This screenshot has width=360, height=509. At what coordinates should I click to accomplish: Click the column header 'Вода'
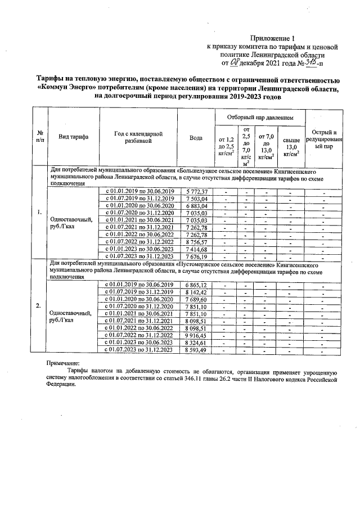[196, 138]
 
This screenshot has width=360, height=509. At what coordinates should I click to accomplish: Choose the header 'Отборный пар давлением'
[260, 118]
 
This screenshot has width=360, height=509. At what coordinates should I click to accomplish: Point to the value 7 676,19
[196, 256]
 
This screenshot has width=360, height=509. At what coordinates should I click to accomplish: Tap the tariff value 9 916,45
[196, 335]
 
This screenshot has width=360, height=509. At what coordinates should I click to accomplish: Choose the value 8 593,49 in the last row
[196, 350]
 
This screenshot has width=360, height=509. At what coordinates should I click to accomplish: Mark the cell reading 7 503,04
[196, 199]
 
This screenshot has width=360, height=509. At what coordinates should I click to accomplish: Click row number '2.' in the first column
[38, 306]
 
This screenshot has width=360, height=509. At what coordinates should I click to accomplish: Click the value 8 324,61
[196, 343]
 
